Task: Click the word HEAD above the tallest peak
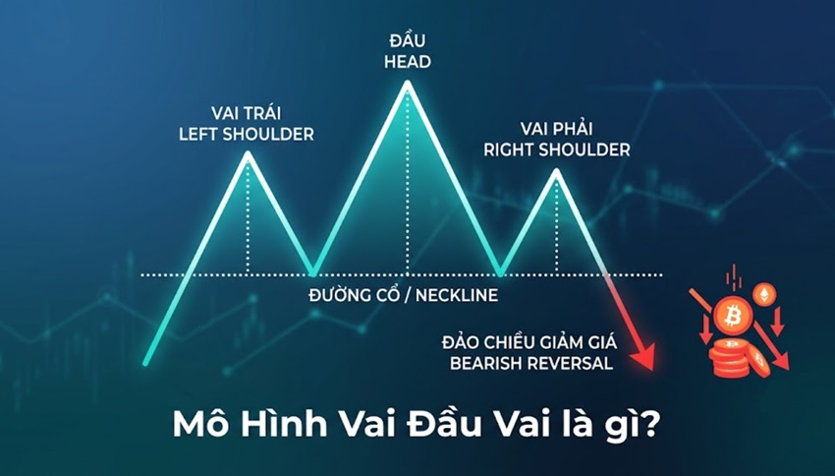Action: pyautogui.click(x=408, y=62)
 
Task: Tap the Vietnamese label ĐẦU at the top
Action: pyautogui.click(x=408, y=40)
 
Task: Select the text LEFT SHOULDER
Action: pyautogui.click(x=247, y=135)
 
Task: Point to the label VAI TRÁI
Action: pyautogui.click(x=246, y=113)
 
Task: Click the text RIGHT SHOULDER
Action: pyautogui.click(x=556, y=149)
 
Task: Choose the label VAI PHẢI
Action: pyautogui.click(x=556, y=129)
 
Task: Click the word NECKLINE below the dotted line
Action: pyautogui.click(x=457, y=295)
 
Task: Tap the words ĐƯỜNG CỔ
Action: pyautogui.click(x=353, y=295)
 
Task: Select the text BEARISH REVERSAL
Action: pyautogui.click(x=530, y=364)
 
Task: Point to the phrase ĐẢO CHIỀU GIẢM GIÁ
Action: pyautogui.click(x=529, y=341)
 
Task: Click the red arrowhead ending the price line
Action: pyautogui.click(x=646, y=359)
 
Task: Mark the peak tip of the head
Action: pyautogui.click(x=408, y=83)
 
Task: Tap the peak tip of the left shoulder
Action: pyautogui.click(x=248, y=153)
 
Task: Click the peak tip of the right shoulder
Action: pyautogui.click(x=556, y=171)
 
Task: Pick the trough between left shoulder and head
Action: pyautogui.click(x=313, y=274)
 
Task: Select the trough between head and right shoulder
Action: pyautogui.click(x=501, y=274)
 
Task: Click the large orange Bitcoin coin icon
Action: pyautogui.click(x=733, y=316)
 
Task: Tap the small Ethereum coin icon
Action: pyautogui.click(x=763, y=294)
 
